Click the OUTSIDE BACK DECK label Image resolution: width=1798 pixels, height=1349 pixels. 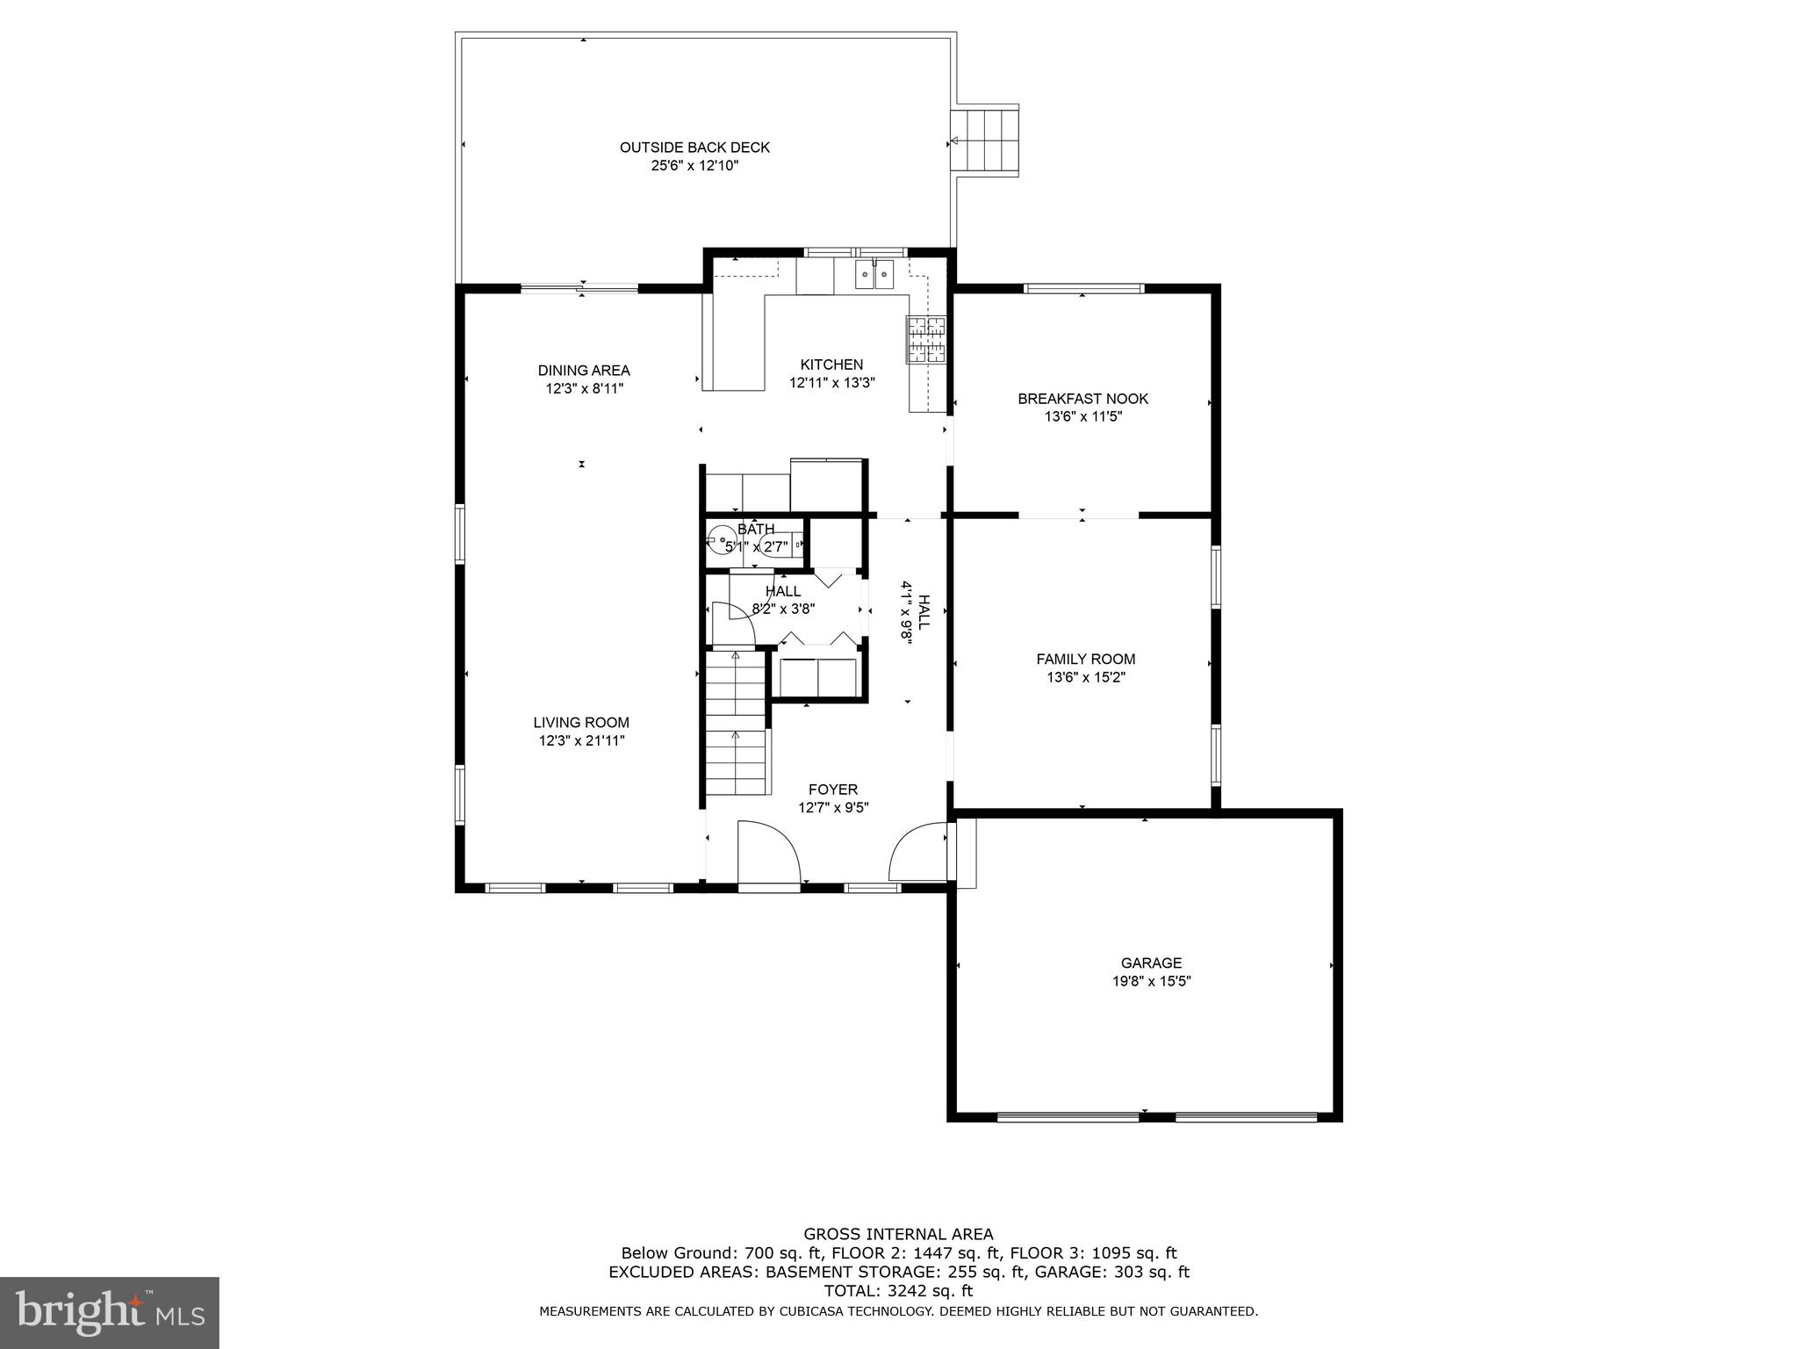click(x=694, y=148)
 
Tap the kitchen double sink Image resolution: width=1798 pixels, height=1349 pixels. click(x=874, y=274)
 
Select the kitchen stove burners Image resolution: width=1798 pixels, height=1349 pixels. click(x=926, y=340)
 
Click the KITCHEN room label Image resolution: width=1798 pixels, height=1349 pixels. click(x=831, y=364)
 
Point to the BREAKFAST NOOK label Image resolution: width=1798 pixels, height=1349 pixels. click(x=1082, y=399)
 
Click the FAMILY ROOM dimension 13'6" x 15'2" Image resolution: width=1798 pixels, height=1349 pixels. click(x=1085, y=677)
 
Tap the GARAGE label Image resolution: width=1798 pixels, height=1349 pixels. click(x=1151, y=963)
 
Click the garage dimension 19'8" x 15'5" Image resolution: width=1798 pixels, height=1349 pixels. click(x=1151, y=981)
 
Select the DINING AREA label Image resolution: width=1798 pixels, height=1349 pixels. click(x=584, y=371)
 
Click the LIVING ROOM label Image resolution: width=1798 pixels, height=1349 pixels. click(x=581, y=723)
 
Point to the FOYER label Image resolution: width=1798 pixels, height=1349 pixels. click(x=833, y=790)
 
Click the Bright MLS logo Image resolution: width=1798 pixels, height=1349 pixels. click(x=110, y=1312)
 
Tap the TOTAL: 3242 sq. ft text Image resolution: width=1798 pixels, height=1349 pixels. click(x=898, y=1291)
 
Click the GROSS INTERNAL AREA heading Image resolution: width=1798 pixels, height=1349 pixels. click(x=898, y=1234)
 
